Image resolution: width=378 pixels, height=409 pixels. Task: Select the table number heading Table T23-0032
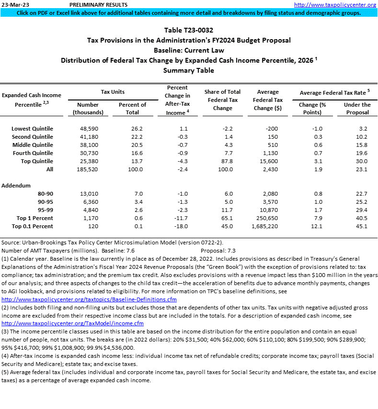189,30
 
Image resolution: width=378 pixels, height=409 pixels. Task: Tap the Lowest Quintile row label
33,129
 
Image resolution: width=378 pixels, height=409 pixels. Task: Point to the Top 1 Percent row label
33,218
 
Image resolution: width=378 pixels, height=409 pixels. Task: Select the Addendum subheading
16,185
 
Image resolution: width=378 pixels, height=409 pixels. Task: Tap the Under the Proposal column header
357,108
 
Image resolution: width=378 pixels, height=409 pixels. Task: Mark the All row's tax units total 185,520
88,169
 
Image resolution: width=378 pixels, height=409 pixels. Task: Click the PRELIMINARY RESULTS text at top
94,5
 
